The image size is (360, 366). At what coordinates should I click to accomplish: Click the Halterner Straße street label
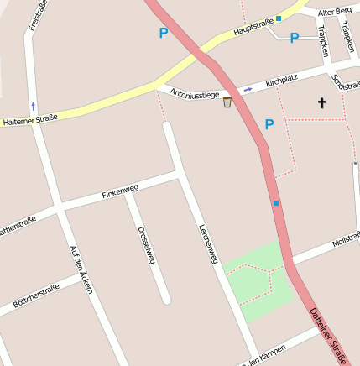tap(29, 119)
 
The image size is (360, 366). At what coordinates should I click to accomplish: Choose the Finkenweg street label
tap(120, 191)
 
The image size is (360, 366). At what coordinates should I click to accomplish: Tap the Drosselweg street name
tap(146, 245)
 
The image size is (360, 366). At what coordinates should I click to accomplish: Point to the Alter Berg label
tap(333, 12)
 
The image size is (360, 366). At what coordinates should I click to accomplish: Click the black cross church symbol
tap(321, 103)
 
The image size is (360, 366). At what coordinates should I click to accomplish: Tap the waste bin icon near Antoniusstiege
tap(227, 102)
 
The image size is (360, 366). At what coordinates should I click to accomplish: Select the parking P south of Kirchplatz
tap(269, 124)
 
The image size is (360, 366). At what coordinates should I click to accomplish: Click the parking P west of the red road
tap(163, 34)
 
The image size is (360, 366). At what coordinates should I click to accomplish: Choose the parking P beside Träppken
tap(295, 38)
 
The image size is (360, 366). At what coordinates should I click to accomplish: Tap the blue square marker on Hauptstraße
tap(279, 18)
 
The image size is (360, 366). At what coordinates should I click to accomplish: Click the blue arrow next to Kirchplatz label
tap(248, 89)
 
